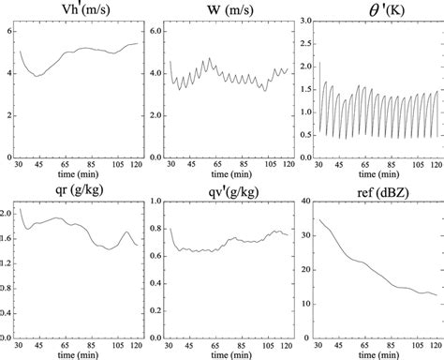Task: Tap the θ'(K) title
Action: point(375,11)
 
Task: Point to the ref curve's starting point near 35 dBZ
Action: point(320,219)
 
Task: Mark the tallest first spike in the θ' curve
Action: point(319,64)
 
